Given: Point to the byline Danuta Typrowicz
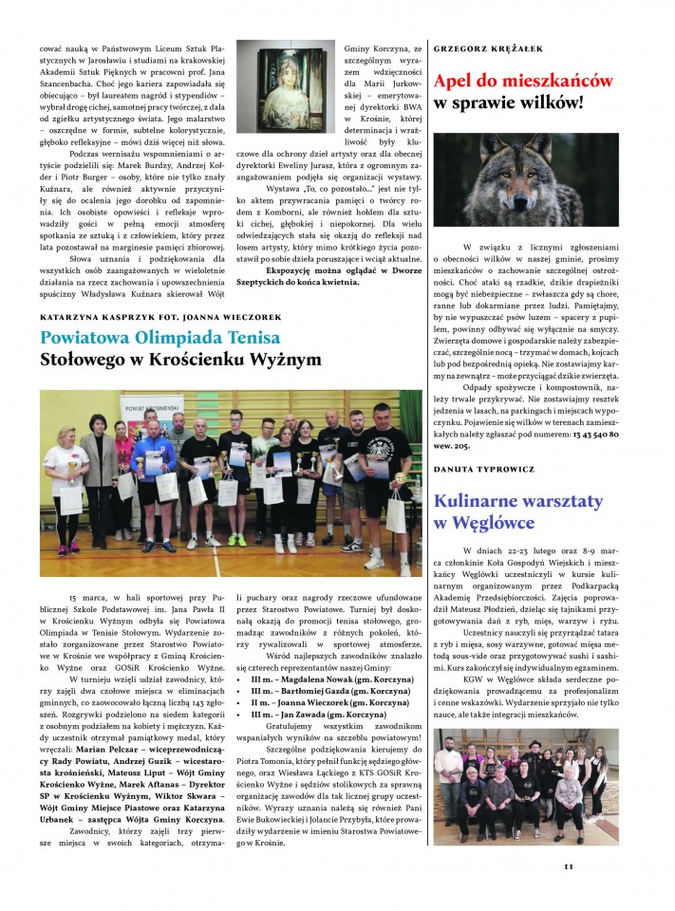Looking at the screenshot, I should pos(484,469).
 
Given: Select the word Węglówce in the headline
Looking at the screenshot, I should pos(494,523).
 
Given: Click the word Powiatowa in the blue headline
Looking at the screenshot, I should pos(91,338).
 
